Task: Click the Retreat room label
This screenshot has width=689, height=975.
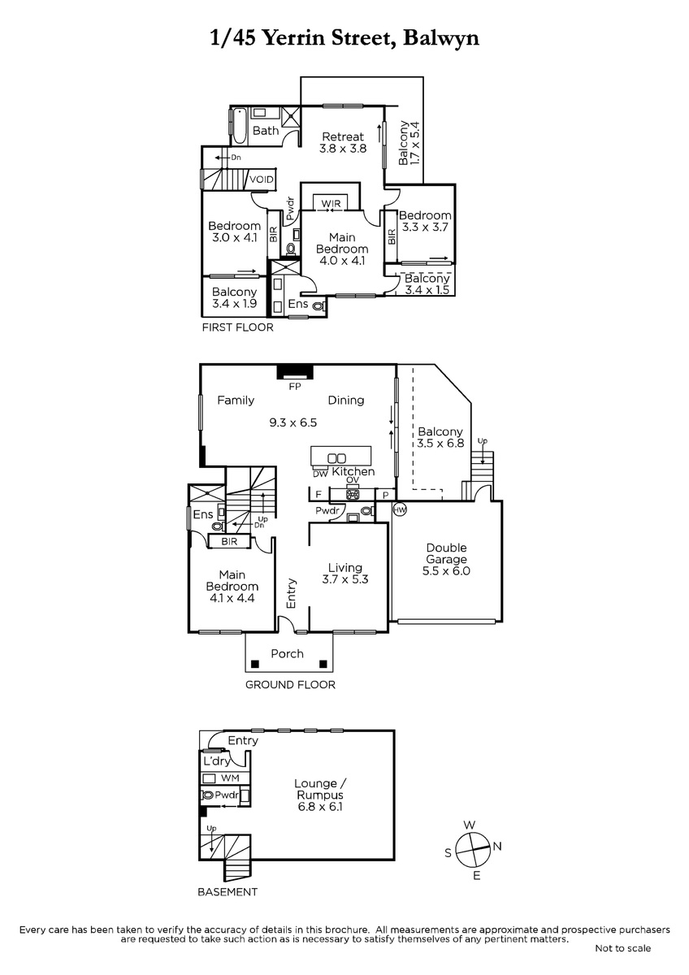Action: click(x=343, y=136)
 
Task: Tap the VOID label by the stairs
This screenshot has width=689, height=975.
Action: click(x=261, y=180)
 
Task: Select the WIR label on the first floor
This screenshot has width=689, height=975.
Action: click(x=331, y=203)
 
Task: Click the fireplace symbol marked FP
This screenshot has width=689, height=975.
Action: click(x=295, y=372)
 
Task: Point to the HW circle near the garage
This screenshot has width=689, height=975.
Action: click(x=400, y=509)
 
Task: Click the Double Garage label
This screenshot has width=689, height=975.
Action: click(x=446, y=553)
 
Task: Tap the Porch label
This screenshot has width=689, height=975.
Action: click(x=287, y=654)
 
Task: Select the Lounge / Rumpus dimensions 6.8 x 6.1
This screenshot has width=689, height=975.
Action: click(x=320, y=807)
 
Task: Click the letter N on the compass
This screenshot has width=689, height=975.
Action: click(x=497, y=846)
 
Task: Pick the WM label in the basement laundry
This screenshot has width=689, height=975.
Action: click(x=230, y=778)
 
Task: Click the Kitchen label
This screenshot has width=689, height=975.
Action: click(x=353, y=471)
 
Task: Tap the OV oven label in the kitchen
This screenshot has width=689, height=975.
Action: click(x=353, y=480)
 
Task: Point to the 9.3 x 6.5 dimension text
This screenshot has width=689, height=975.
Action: click(x=293, y=422)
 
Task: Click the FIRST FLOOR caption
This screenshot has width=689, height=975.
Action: click(x=237, y=327)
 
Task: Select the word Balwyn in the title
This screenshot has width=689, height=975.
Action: click(x=441, y=39)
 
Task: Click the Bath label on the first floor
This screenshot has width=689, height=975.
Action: click(x=266, y=131)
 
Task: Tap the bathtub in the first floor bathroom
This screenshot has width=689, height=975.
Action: click(x=240, y=127)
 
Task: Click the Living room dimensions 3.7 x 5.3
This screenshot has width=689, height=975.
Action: click(x=345, y=579)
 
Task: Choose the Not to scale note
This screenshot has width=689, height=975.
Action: click(x=623, y=948)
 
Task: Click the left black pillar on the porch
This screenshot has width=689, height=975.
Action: click(x=255, y=665)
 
